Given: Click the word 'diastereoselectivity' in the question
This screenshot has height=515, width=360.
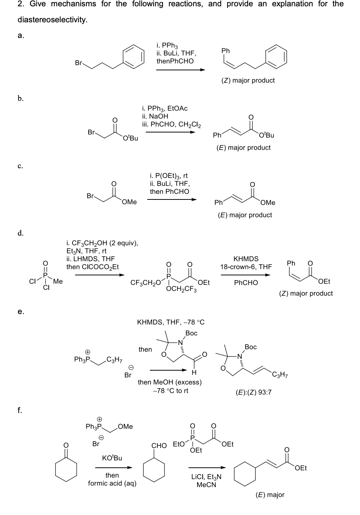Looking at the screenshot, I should pyautogui.click(x=52, y=20).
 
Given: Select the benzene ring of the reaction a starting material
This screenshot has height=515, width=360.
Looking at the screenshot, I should pyautogui.click(x=133, y=56).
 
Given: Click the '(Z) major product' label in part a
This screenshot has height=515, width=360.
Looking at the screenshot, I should pyautogui.click(x=248, y=80).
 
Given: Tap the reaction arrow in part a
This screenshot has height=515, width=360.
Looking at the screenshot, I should pyautogui.click(x=181, y=70).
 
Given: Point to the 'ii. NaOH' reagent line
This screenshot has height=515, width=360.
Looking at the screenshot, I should pyautogui.click(x=155, y=116).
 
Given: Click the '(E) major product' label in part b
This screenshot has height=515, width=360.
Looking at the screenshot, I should pyautogui.click(x=244, y=148).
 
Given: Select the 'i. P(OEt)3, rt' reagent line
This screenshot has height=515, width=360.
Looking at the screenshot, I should pyautogui.click(x=168, y=176).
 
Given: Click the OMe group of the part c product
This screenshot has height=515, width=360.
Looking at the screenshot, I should pyautogui.click(x=268, y=202).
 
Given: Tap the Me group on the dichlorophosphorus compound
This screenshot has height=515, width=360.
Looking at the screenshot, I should pyautogui.click(x=58, y=281).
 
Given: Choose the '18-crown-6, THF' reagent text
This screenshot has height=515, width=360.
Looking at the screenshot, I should pyautogui.click(x=246, y=267).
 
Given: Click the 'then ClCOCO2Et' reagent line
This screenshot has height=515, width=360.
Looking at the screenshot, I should pyautogui.click(x=93, y=267).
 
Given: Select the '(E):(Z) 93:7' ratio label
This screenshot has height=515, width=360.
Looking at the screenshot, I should pyautogui.click(x=254, y=392).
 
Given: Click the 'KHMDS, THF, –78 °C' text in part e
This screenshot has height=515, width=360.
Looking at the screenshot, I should pyautogui.click(x=171, y=322).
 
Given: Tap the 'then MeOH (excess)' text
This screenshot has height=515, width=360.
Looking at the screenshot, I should pyautogui.click(x=170, y=382).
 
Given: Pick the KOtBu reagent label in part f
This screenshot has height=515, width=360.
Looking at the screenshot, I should pyautogui.click(x=112, y=458).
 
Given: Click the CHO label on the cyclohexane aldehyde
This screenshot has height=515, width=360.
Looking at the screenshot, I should pyautogui.click(x=159, y=445).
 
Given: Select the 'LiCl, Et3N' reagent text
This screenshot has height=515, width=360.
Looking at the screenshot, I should pyautogui.click(x=206, y=477).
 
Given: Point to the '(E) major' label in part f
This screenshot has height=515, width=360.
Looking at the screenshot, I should pyautogui.click(x=270, y=495).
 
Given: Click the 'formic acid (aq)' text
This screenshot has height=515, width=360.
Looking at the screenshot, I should pyautogui.click(x=112, y=483).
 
